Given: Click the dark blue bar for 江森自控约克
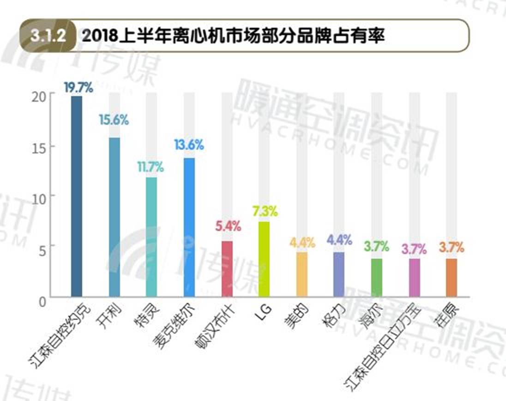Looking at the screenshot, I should [76, 196].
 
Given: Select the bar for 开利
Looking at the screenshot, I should [114, 217].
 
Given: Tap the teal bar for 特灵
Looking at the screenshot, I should [151, 237].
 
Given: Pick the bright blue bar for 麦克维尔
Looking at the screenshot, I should [189, 227].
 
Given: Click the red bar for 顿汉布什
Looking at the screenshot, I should [227, 268].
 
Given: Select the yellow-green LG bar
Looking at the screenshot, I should [264, 259].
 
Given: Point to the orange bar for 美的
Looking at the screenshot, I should [301, 274].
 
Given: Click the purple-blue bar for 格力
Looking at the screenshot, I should [339, 274].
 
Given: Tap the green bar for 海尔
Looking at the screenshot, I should [377, 277].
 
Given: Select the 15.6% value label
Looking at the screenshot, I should [114, 120].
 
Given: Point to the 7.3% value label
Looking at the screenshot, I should [265, 212].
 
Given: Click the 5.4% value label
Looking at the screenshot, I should [228, 226].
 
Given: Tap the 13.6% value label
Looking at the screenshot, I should [189, 145].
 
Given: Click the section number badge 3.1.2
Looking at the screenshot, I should [48, 36].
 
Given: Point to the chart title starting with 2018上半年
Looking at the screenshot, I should [233, 36].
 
